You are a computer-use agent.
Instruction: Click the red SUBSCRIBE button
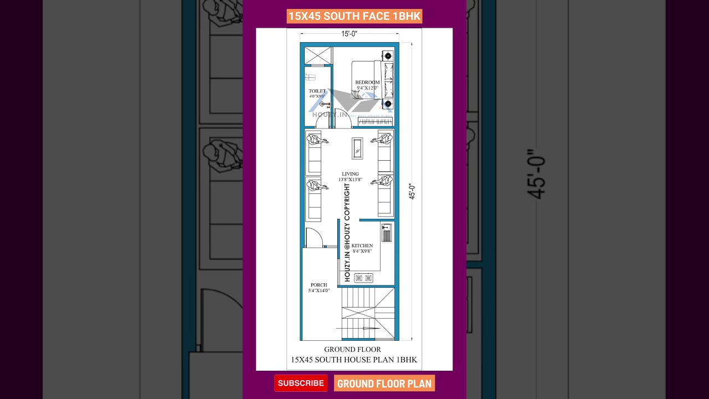301,383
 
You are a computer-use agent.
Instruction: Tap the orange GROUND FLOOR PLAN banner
384,383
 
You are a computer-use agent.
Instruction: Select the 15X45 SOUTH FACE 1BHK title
354,16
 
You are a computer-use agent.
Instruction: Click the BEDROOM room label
367,83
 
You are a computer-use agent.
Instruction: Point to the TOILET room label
317,91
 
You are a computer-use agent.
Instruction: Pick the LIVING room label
350,174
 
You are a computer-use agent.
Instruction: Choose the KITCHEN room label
362,245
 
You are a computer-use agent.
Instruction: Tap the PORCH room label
318,285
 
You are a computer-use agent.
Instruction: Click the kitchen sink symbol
386,232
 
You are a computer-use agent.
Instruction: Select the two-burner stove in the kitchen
363,278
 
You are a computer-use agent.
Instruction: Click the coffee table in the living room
357,148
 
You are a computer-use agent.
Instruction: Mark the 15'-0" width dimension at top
349,34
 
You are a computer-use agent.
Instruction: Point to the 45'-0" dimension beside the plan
412,191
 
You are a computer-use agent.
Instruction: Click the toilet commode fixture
310,78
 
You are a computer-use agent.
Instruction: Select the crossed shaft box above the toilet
317,55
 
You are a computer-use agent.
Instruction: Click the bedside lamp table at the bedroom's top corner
388,55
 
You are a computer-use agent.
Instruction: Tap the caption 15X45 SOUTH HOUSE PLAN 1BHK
354,360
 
